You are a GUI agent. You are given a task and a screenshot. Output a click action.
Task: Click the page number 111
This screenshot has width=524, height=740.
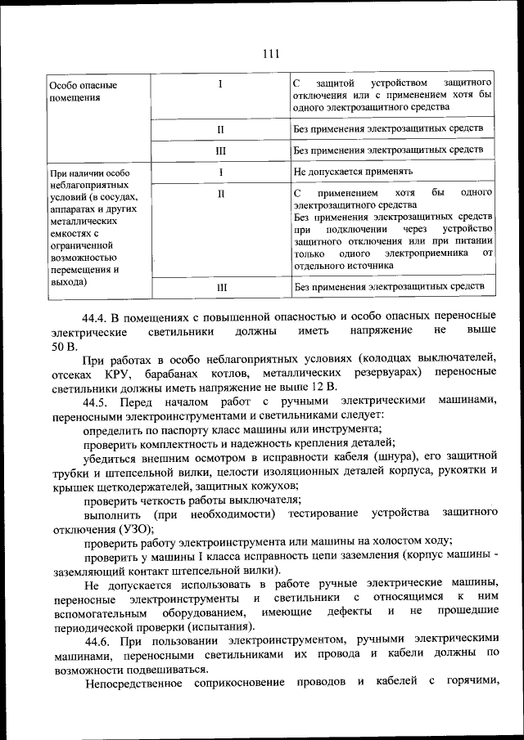(271, 55)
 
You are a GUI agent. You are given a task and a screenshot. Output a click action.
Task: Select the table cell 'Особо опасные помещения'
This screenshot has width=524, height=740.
(82, 92)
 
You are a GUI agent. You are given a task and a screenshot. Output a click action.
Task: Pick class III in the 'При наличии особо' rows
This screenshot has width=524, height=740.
(220, 288)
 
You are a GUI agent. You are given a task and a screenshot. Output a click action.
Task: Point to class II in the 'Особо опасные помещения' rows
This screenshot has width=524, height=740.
(220, 129)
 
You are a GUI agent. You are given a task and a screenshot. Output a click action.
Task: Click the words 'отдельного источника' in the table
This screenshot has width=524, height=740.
(343, 266)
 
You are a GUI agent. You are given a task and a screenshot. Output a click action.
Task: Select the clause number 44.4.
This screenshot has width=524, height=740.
(97, 316)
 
